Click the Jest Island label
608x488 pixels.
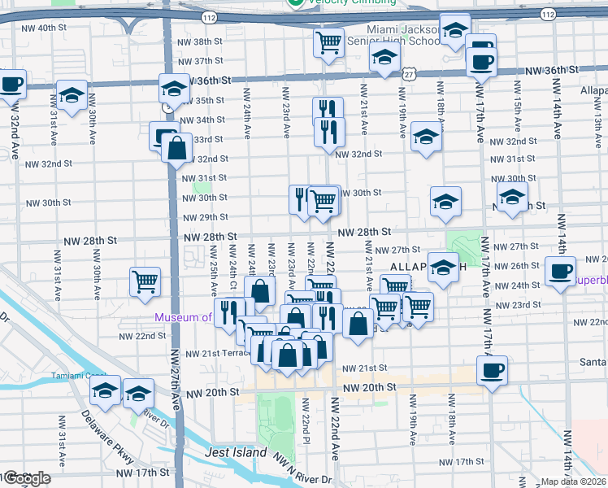coord(237,452)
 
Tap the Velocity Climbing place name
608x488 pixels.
coord(351,3)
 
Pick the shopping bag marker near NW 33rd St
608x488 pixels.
coord(176,149)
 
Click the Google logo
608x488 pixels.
coord(27,478)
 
